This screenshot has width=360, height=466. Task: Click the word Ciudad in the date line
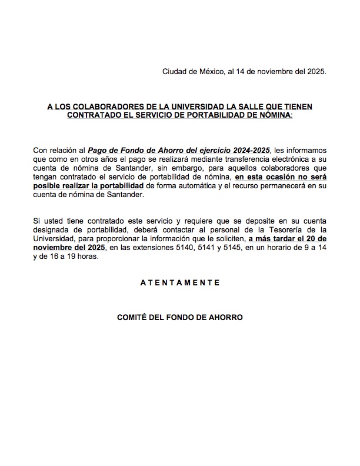175,72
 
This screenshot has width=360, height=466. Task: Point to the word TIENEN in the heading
295,106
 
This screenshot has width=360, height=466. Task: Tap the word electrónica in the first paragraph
281,159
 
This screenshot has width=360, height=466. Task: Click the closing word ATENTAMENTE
179,282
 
